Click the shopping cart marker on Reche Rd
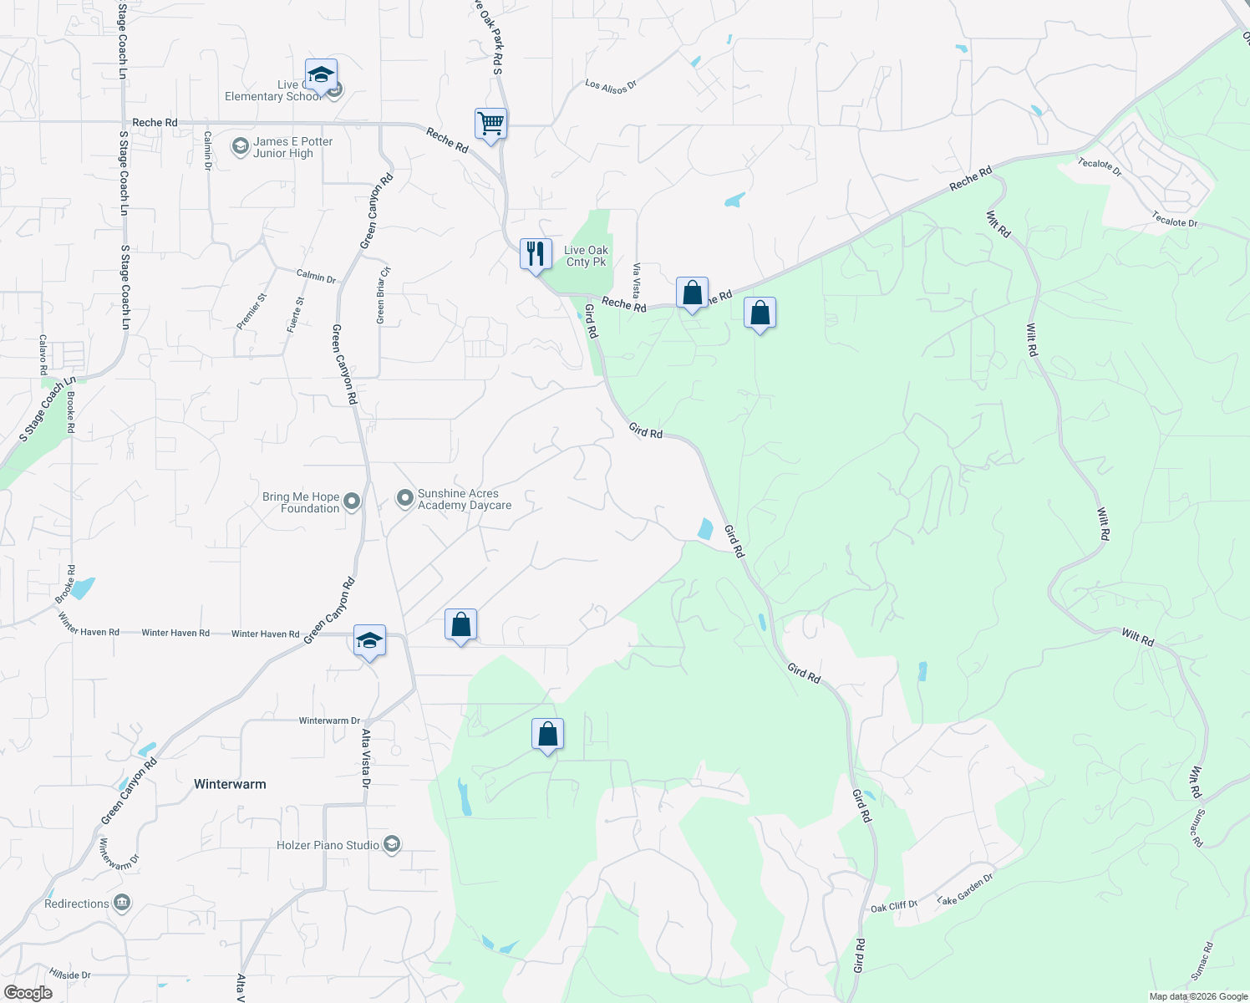490,125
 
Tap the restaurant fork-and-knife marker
536,254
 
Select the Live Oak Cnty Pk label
586,256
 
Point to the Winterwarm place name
230,784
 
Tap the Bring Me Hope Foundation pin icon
352,501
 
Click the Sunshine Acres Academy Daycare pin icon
405,499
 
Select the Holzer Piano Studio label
328,845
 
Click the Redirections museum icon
122,904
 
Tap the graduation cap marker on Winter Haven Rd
369,641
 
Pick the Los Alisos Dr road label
611,86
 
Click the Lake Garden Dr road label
965,888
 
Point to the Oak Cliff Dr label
893,906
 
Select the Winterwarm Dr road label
329,720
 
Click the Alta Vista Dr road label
365,759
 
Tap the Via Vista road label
637,281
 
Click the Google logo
28,992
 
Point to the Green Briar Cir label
383,296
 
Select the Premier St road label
251,311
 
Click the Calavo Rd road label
43,354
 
